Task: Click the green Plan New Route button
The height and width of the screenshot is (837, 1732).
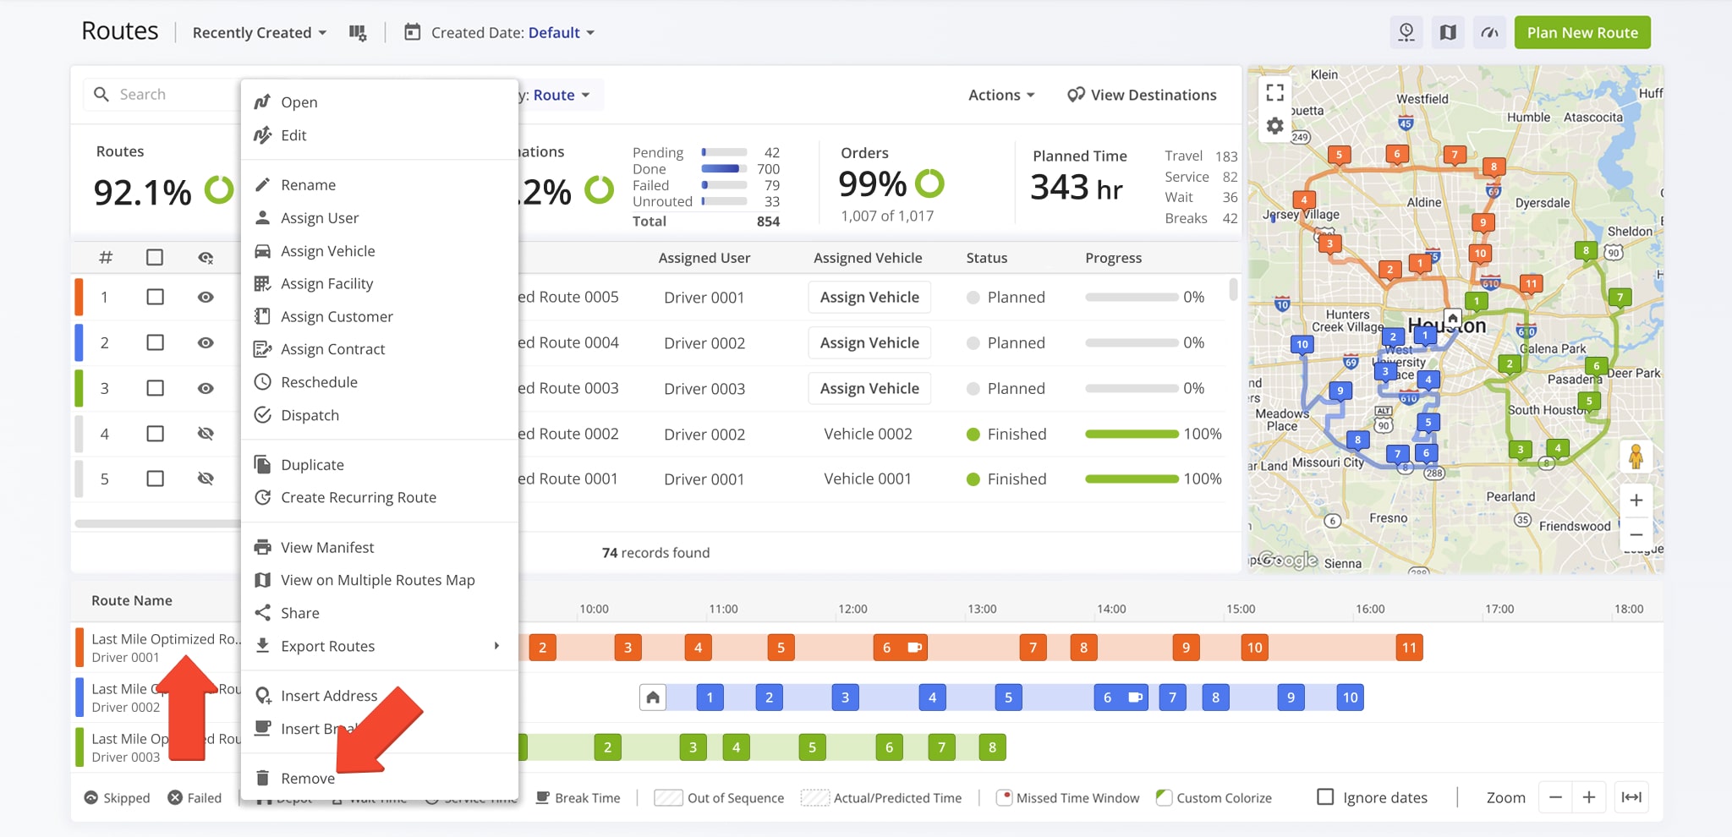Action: [x=1581, y=33]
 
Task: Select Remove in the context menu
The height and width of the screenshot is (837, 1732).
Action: [x=307, y=778]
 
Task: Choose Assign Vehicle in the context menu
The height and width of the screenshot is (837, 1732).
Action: [x=327, y=251]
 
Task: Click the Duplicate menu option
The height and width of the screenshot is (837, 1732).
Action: [x=312, y=465]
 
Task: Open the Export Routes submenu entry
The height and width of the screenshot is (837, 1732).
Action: [x=327, y=646]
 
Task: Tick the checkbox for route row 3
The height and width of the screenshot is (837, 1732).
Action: [x=155, y=388]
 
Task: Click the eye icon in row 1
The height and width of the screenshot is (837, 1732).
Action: [x=206, y=298]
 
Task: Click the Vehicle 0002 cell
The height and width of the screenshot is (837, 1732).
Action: [x=868, y=434]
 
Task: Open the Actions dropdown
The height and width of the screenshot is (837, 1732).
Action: [x=1000, y=95]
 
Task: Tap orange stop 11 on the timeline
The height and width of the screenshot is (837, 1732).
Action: [x=1409, y=648]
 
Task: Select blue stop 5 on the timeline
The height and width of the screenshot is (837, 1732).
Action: [x=1008, y=697]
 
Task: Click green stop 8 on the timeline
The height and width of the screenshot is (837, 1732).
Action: [x=992, y=747]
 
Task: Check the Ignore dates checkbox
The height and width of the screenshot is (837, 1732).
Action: [x=1325, y=797]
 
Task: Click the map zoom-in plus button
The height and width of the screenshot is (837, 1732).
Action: [x=1636, y=501]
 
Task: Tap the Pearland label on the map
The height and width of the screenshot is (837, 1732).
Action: [x=1510, y=497]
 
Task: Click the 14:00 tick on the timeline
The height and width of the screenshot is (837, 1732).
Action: [x=1111, y=609]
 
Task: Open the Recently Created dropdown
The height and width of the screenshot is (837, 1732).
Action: [x=259, y=33]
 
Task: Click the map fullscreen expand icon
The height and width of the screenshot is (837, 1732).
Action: [x=1275, y=92]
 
